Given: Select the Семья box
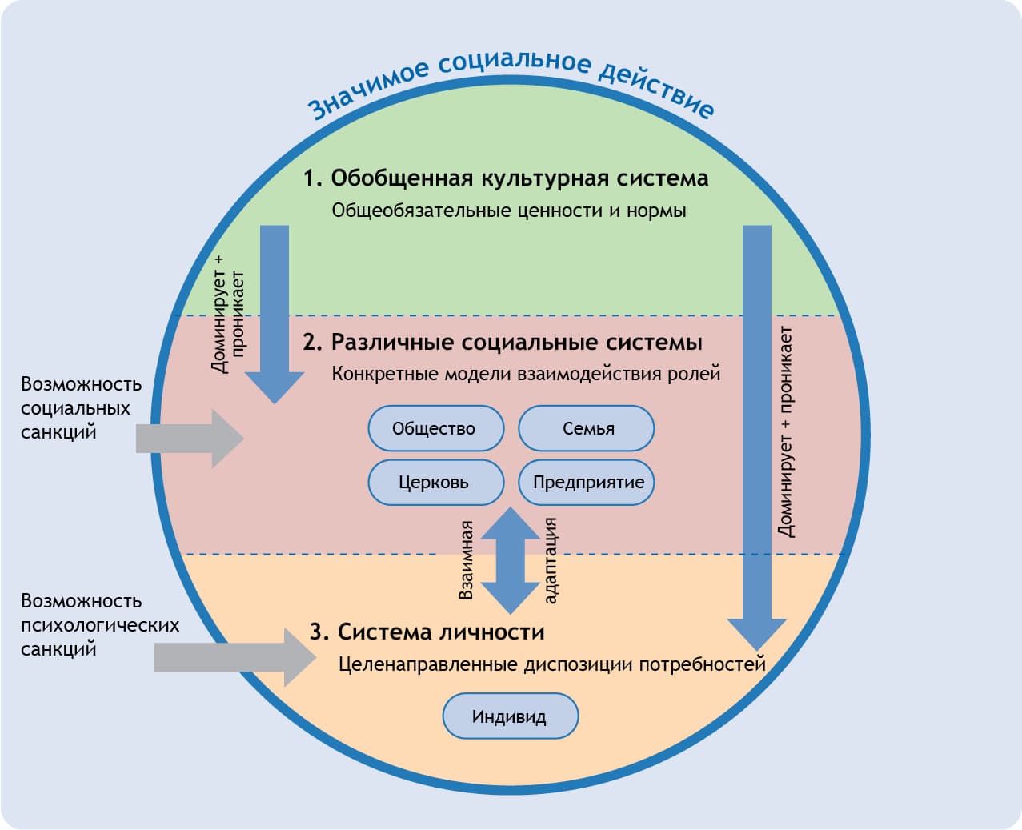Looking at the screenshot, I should coord(587,428).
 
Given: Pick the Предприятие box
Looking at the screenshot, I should coord(587,482).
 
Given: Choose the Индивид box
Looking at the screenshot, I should coord(510,716).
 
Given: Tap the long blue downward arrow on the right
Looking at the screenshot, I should coord(756,432).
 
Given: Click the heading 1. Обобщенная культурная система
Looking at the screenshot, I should coord(506,178).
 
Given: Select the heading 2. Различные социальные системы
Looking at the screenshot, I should coord(503,343).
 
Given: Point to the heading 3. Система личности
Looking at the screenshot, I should coord(427,632).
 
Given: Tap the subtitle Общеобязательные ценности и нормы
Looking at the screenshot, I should coord(509,211).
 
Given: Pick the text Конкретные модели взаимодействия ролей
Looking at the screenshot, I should coord(526,374).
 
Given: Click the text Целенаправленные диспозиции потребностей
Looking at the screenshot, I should coord(551,664).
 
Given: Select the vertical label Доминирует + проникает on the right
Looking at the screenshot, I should coord(786,432).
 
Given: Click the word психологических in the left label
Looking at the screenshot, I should coord(100,625).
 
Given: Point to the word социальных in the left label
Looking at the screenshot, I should coord(75,408).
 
